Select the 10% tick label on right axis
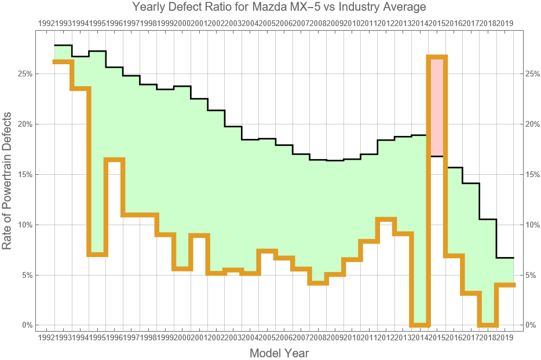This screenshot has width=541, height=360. [532, 225]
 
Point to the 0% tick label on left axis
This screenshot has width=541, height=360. [27, 325]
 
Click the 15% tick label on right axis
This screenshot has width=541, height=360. [532, 174]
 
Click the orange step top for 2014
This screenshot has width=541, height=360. [437, 57]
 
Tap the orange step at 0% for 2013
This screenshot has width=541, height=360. [419, 325]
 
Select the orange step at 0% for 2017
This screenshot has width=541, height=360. [488, 325]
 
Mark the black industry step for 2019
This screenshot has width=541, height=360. [505, 258]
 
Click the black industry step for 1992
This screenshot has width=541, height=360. [63, 45]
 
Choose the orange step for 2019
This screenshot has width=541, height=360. [505, 285]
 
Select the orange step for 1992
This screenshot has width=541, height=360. [63, 61]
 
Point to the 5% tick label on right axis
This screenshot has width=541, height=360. [530, 275]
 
